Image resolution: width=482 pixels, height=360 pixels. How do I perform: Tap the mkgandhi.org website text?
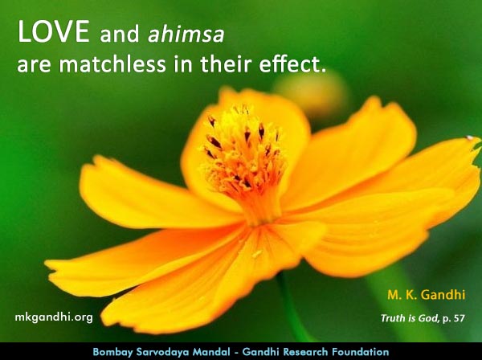tap(55, 317)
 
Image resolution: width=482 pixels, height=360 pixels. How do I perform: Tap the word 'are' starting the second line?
tap(34, 66)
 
